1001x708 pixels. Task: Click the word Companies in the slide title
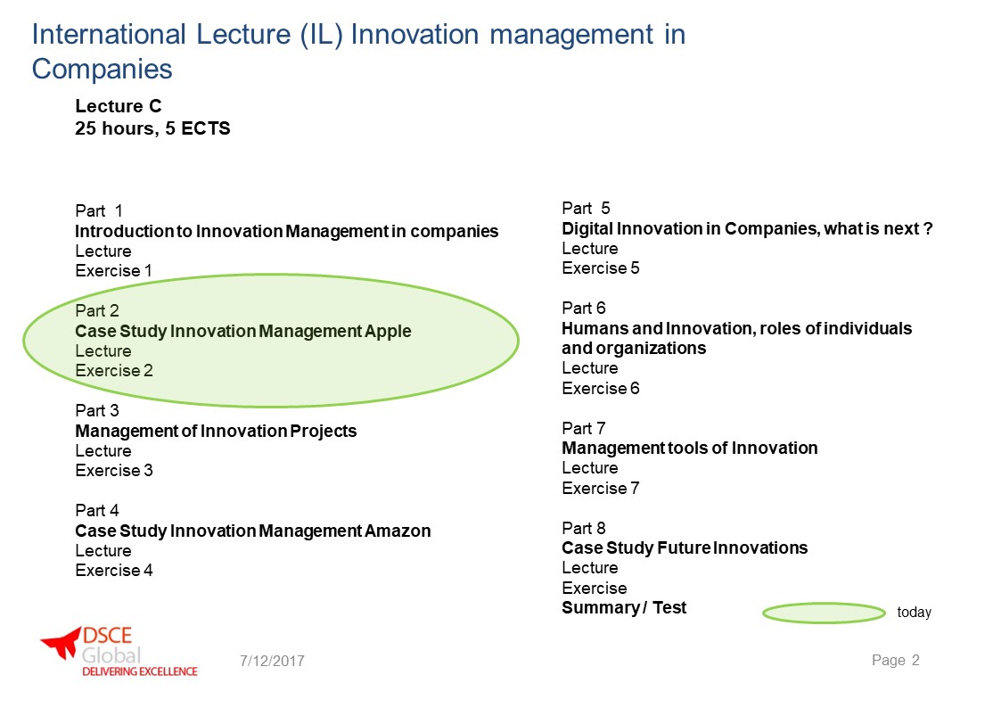click(103, 70)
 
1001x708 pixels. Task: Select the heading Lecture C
click(118, 106)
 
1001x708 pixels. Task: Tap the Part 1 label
click(99, 210)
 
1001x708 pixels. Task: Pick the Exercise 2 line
click(114, 371)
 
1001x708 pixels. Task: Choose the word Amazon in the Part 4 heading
click(398, 531)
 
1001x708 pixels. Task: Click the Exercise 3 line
click(114, 471)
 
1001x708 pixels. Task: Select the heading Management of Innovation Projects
click(216, 431)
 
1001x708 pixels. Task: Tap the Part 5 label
click(586, 208)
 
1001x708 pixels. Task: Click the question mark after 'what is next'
click(928, 228)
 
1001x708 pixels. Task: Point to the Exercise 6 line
click(601, 388)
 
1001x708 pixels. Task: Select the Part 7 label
click(584, 428)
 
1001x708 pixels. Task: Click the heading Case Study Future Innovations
click(685, 547)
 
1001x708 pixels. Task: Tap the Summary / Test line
click(624, 608)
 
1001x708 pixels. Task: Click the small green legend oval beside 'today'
click(824, 613)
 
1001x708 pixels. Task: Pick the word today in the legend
click(915, 613)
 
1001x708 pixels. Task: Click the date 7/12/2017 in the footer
click(272, 661)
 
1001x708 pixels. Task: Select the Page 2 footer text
click(896, 660)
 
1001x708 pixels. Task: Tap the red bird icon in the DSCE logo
click(62, 642)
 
